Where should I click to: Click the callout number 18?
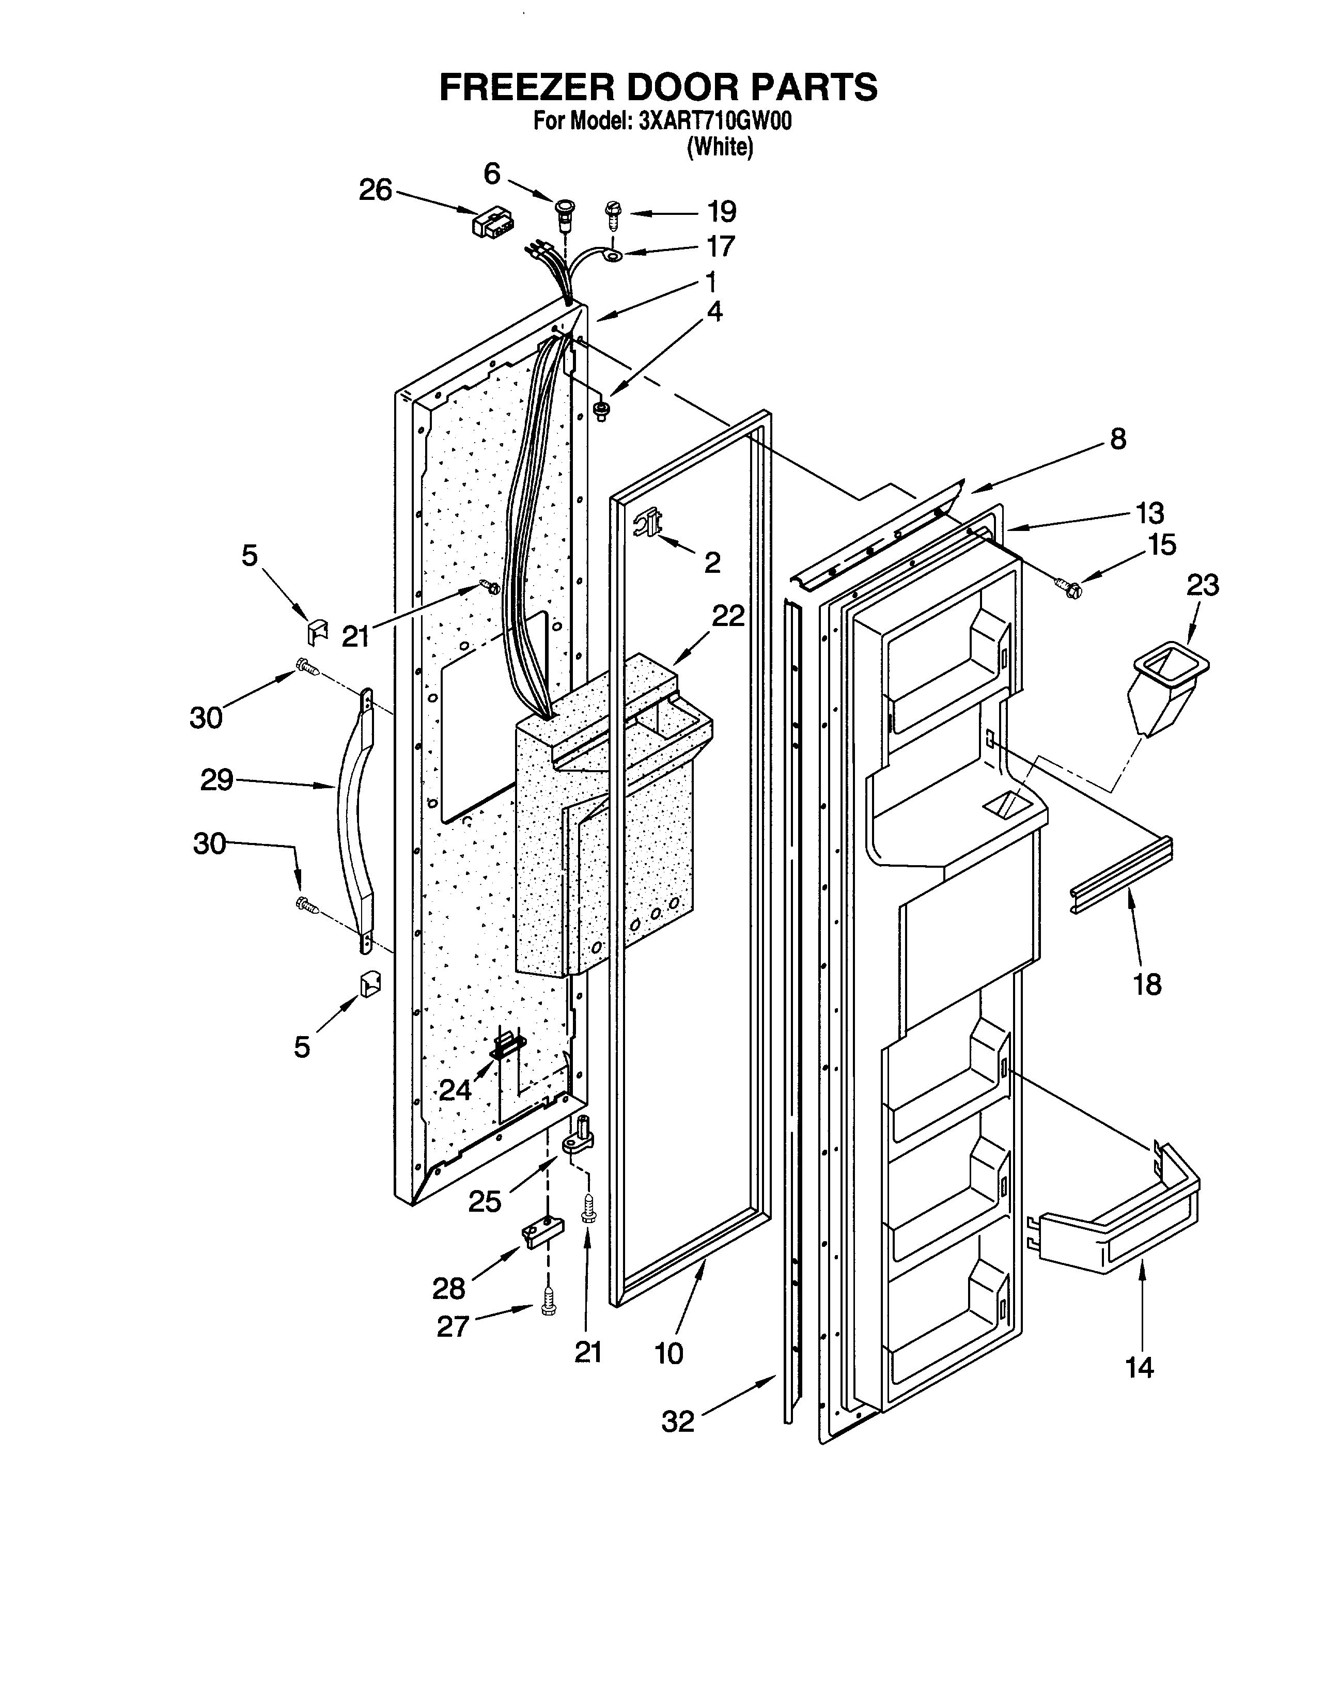pos(1147,984)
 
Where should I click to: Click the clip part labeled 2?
pos(650,521)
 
